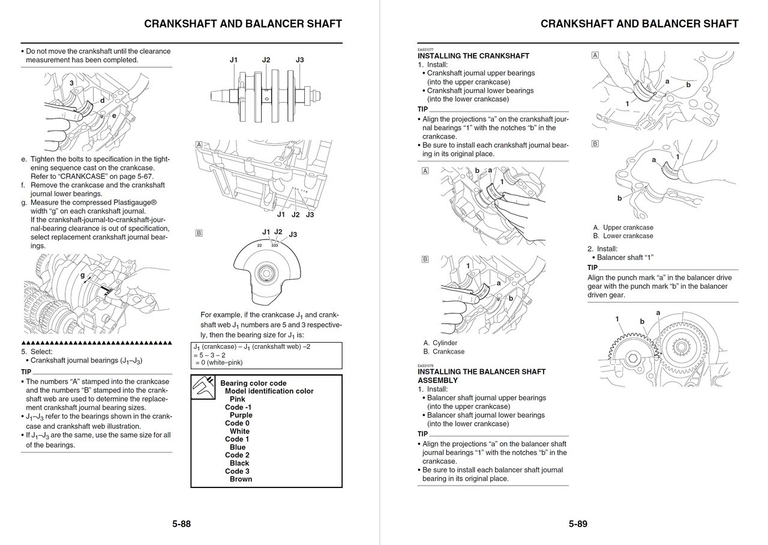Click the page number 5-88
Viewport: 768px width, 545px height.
(181, 524)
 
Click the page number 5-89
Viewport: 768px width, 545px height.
(578, 524)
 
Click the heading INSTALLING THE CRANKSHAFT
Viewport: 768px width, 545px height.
(473, 56)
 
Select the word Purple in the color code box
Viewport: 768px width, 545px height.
(241, 415)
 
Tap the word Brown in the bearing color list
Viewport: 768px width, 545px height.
(241, 479)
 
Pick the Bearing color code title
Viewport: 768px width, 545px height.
(253, 383)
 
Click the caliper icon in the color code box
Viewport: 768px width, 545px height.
(203, 388)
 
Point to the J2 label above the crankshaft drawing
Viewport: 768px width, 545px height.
(266, 60)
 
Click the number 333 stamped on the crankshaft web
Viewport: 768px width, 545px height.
(275, 245)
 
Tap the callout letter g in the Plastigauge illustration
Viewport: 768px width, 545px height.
(82, 276)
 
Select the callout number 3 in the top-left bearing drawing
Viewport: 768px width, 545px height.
(71, 83)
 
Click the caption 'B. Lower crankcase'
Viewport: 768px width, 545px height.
(623, 236)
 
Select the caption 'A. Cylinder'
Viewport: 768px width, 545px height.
(440, 343)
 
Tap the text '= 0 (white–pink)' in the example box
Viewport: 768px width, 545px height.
(218, 363)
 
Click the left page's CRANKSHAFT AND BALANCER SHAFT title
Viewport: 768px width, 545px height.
(243, 24)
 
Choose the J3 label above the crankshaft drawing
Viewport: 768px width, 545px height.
(299, 60)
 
